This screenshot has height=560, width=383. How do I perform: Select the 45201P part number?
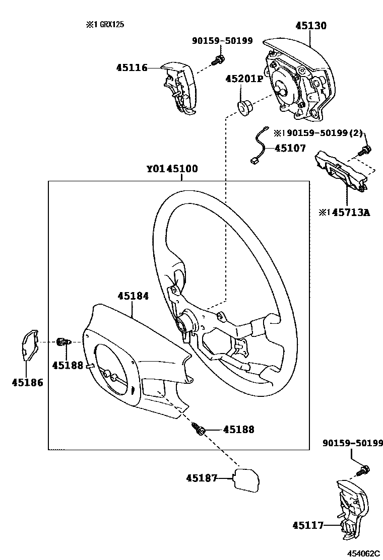(244, 79)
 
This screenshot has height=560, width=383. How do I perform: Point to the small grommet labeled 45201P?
(244, 107)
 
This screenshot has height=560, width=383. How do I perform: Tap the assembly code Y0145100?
(172, 169)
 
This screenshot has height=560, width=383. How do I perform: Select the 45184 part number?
(133, 297)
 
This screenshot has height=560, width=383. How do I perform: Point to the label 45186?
(27, 382)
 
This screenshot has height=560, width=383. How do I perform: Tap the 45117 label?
(307, 526)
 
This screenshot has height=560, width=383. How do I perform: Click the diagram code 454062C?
(362, 553)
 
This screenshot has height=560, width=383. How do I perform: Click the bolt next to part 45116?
(218, 60)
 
